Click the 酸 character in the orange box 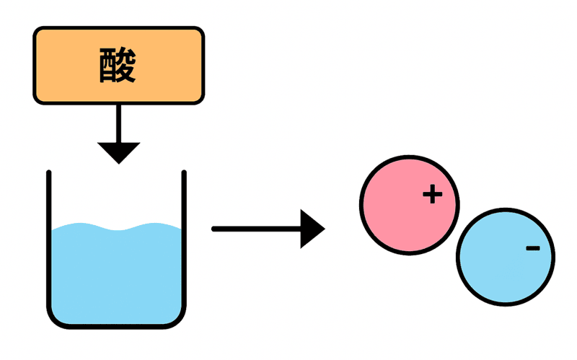point(118,66)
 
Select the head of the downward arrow point(118,152)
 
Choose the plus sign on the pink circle point(431,194)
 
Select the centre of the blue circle point(506,257)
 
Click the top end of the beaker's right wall point(184,174)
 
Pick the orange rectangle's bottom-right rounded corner point(199,99)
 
